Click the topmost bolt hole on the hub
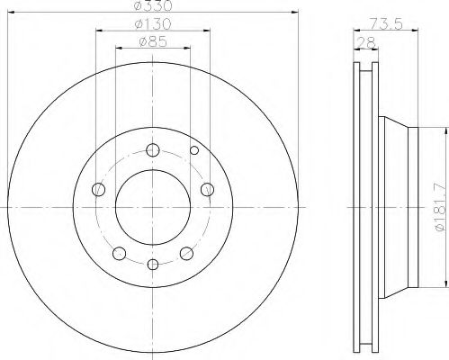click(153, 150)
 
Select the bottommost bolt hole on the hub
click(153, 264)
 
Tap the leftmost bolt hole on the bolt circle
click(100, 189)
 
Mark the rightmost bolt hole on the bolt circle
click(207, 188)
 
